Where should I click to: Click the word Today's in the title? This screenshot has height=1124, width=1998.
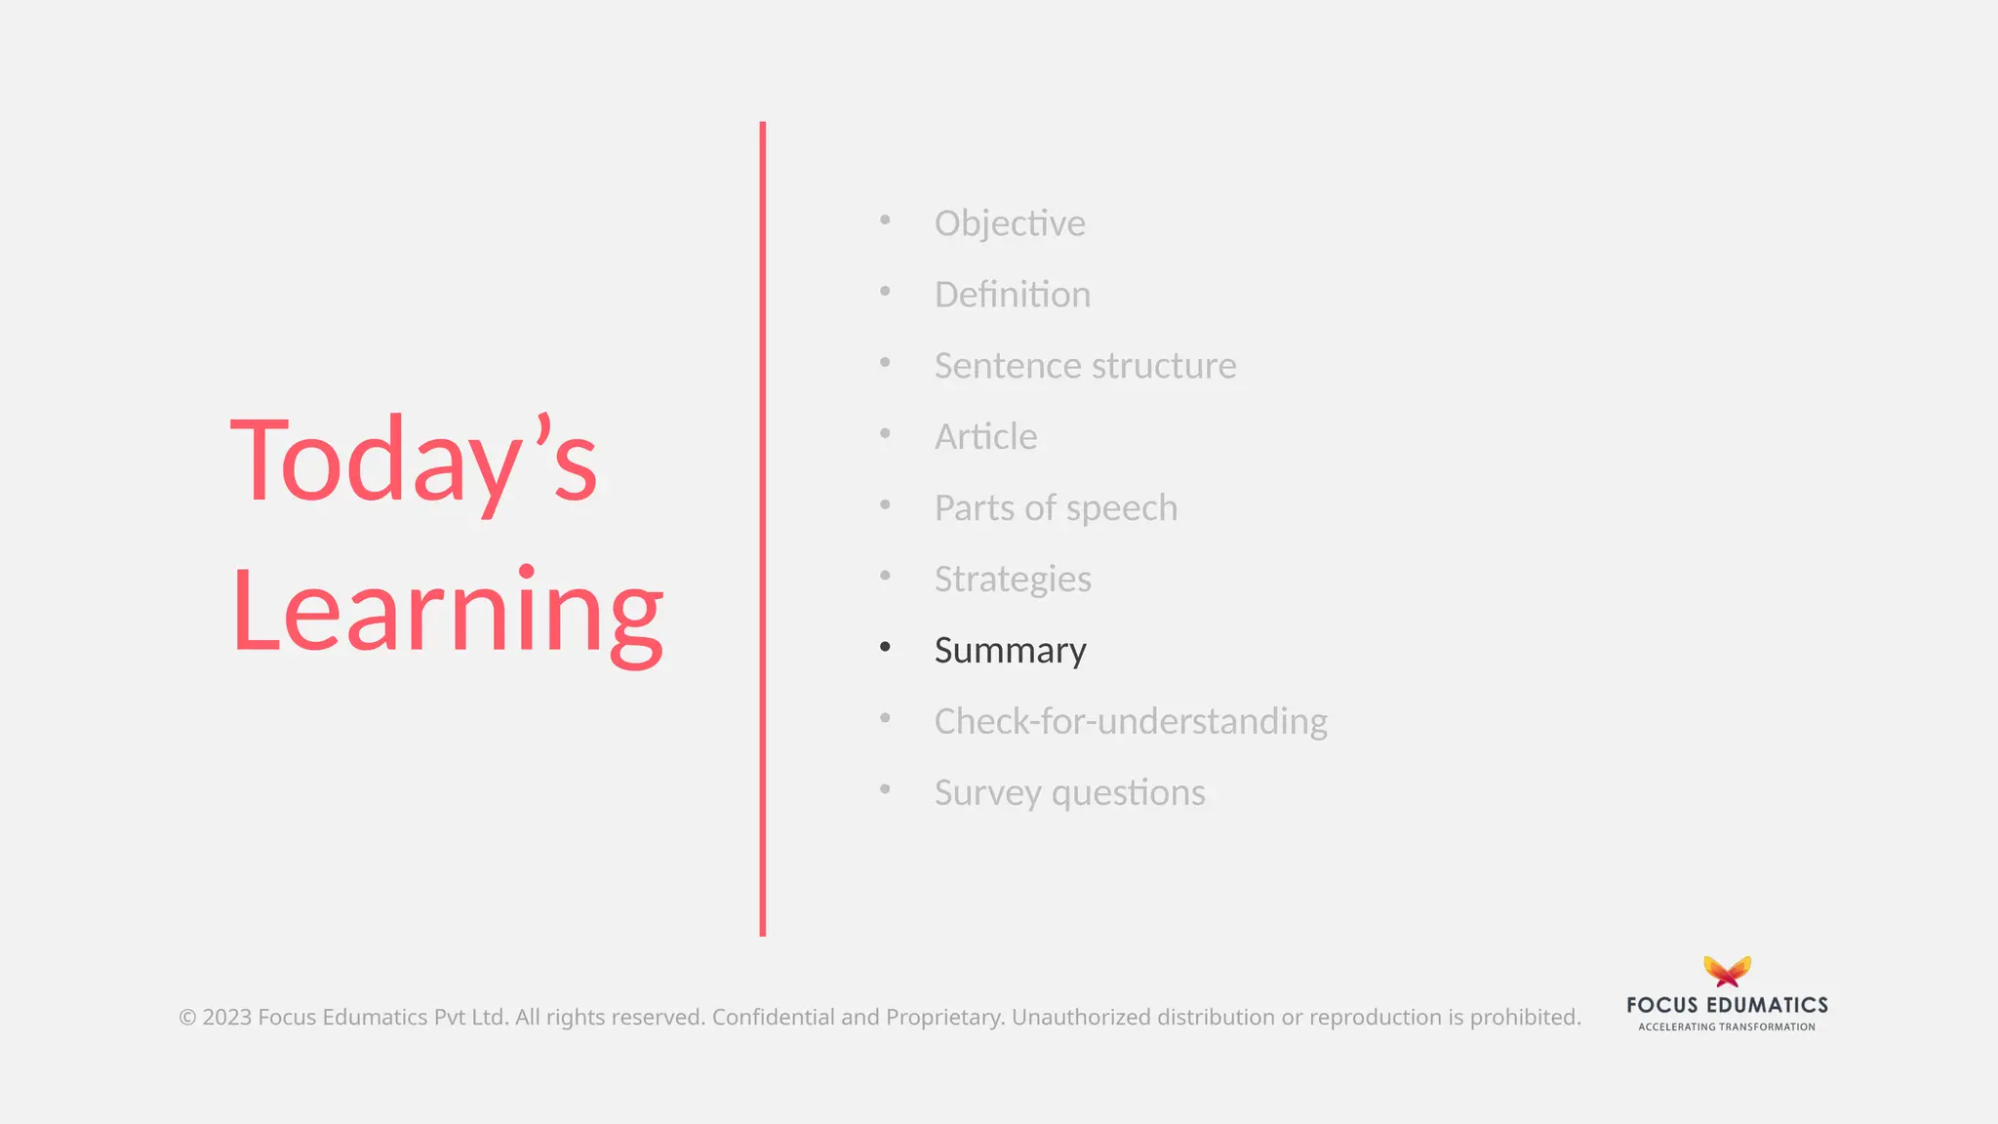tap(413, 461)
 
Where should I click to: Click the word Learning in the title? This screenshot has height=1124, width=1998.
tap(447, 613)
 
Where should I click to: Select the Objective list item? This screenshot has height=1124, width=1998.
tap(1009, 223)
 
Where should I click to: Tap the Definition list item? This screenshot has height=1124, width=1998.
tap(1012, 295)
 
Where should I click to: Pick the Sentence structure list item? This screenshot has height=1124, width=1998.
tap(1085, 366)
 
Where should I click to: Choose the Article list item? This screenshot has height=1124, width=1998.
tap(985, 437)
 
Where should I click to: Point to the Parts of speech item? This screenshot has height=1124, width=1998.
tap(1056, 508)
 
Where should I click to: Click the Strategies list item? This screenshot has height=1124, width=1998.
tap(1013, 580)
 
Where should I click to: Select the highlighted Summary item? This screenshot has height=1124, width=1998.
tap(1010, 651)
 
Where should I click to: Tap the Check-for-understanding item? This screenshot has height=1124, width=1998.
tap(1130, 722)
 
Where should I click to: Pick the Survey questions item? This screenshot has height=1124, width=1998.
tap(1069, 793)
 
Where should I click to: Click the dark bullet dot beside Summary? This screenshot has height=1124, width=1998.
tap(885, 647)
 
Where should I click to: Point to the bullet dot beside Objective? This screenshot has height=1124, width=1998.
tap(885, 220)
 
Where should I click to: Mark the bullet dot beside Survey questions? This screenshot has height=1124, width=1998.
tap(885, 789)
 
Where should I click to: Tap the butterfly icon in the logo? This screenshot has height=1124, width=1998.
tap(1727, 972)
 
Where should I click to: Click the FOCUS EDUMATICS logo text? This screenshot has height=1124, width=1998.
tap(1727, 1005)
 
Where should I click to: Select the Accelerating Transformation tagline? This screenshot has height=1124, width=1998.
tap(1727, 1027)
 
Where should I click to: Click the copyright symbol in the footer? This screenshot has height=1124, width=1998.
tap(187, 1018)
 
